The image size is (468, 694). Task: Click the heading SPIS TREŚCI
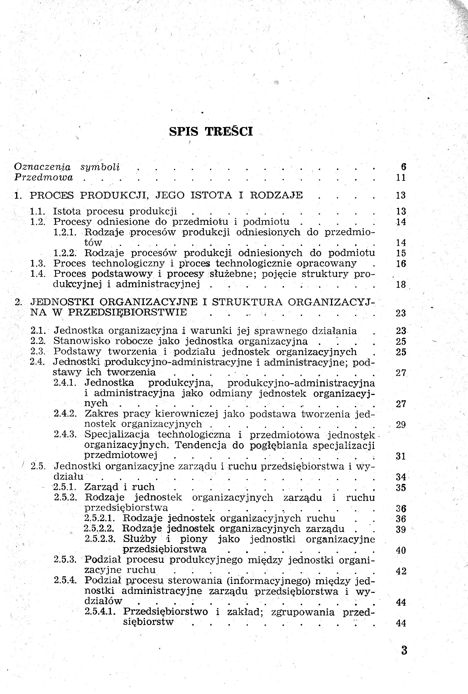[x=211, y=131]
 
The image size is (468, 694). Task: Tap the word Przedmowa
[x=44, y=178]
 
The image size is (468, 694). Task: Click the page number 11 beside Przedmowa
[x=401, y=178]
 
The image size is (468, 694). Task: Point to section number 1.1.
[x=37, y=212]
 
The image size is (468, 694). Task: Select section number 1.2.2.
[x=65, y=253]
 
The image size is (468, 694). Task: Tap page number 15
[x=401, y=253]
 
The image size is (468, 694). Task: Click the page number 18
[x=401, y=284]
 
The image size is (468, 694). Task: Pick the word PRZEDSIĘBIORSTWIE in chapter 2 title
[x=128, y=312]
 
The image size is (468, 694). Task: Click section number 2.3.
[x=38, y=352]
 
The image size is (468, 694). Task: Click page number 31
[x=401, y=456]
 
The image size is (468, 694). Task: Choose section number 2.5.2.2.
[x=99, y=528]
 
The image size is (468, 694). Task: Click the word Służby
[x=140, y=539]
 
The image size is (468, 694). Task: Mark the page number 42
[x=401, y=571]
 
